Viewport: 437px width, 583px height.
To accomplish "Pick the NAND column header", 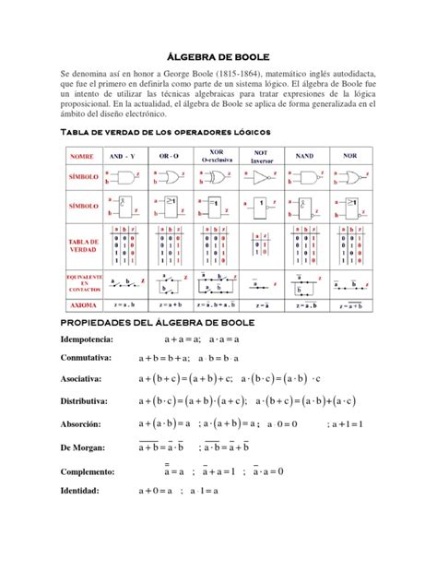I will point(304,157).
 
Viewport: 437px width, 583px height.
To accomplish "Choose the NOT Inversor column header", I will point(261,155).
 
